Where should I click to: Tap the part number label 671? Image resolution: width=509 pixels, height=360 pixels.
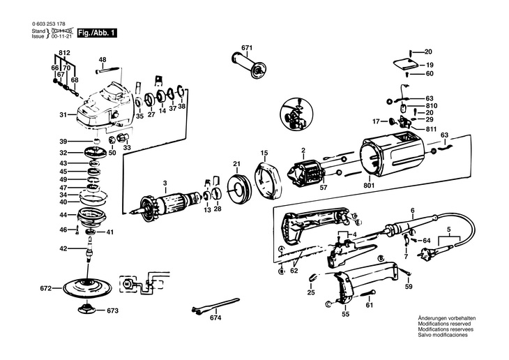[x=246, y=47]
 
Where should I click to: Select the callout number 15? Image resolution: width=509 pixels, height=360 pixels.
[x=264, y=153]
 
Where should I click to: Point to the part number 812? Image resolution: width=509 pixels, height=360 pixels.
[x=64, y=53]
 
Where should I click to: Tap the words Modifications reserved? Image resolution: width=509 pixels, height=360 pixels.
[x=443, y=324]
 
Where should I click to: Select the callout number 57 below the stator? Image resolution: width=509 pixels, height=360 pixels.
[x=323, y=188]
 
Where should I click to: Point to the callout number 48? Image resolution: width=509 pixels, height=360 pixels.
[x=102, y=60]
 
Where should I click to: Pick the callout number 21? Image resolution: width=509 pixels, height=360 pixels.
[x=236, y=165]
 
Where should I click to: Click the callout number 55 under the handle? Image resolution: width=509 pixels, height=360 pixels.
[x=345, y=315]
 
